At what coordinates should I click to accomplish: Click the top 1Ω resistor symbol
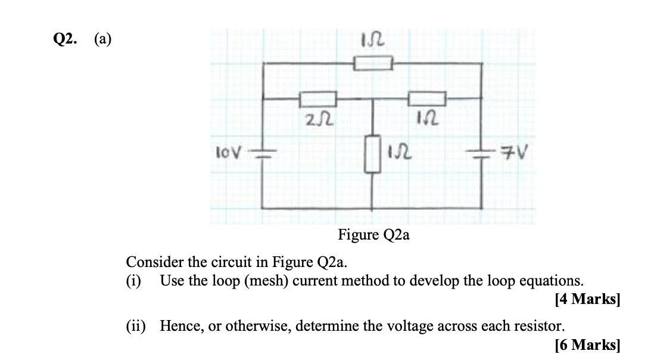(x=373, y=63)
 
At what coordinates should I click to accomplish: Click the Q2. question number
(x=65, y=39)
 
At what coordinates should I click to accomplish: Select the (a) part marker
(x=102, y=39)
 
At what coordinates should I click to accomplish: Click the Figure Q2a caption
(x=373, y=235)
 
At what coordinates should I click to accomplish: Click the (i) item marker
(x=133, y=280)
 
